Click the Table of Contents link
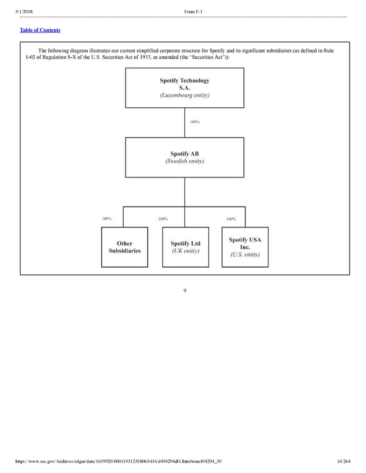tap(40, 30)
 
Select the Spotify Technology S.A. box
tap(184, 88)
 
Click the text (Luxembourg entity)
tap(184, 96)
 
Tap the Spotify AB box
tap(184, 157)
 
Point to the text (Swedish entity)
tap(184, 162)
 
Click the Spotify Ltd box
tap(185, 247)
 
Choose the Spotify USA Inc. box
tap(245, 247)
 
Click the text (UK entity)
tap(185, 251)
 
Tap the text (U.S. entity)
tap(245, 255)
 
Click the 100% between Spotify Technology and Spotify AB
tap(195, 122)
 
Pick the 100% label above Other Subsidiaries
tap(107, 219)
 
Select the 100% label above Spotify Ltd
tap(163, 219)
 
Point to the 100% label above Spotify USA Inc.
tap(231, 219)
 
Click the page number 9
tap(184, 290)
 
